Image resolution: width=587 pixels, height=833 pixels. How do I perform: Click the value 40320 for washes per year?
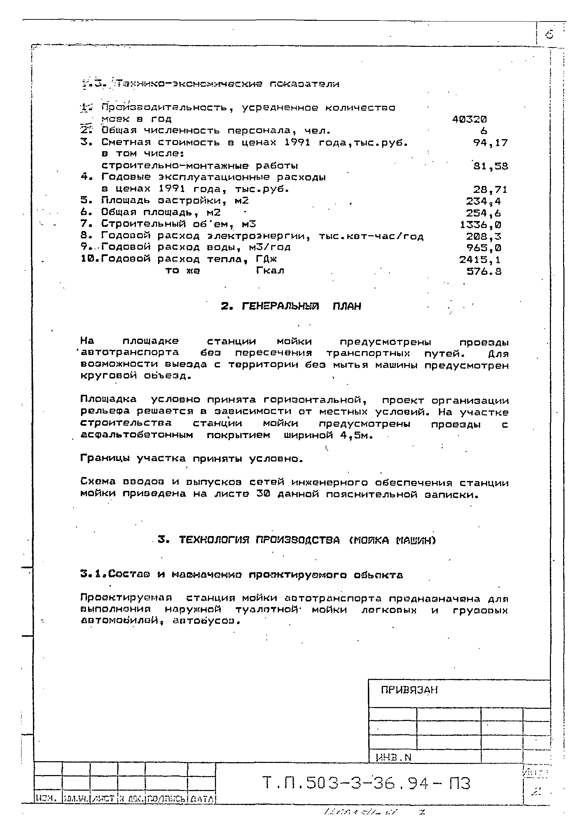point(469,119)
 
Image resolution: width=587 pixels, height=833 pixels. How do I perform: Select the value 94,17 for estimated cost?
point(490,143)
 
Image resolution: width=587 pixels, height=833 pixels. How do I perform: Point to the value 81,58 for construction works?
point(490,166)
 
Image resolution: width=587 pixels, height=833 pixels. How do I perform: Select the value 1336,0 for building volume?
point(481,224)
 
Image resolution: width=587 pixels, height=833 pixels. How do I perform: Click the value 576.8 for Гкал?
point(484,271)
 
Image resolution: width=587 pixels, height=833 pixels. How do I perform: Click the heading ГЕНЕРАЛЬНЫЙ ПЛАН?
point(291,307)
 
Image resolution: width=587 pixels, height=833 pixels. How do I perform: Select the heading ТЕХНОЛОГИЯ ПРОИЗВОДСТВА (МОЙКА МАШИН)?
point(296,540)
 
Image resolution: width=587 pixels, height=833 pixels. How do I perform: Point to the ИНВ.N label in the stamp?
point(393,757)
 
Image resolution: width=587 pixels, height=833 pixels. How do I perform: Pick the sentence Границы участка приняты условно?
point(191,459)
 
